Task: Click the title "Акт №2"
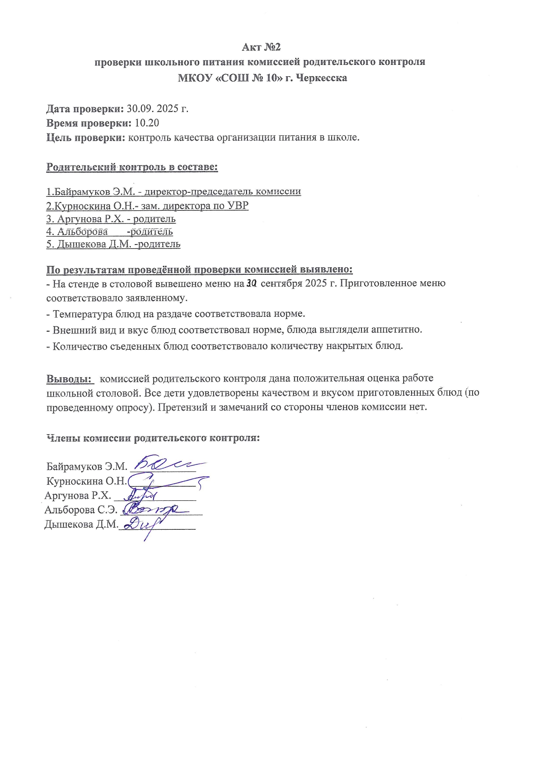(261, 47)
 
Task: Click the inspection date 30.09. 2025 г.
(157, 108)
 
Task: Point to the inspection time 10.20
(147, 123)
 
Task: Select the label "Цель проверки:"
(86, 138)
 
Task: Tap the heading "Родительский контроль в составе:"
(132, 167)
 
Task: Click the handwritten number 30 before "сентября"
(251, 283)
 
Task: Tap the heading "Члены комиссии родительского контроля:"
(153, 438)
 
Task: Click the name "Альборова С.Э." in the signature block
(81, 510)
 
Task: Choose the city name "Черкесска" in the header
(322, 78)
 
